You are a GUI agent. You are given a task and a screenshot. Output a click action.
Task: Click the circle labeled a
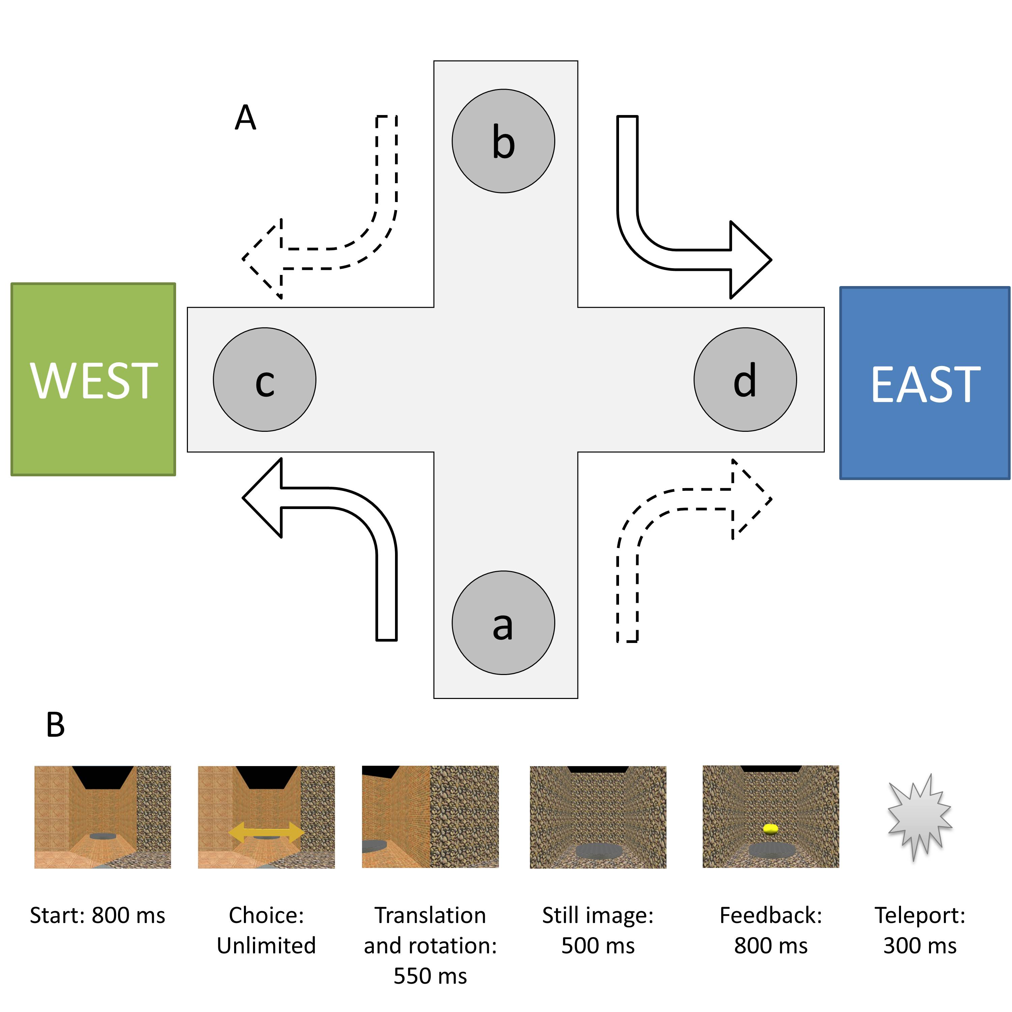(x=503, y=623)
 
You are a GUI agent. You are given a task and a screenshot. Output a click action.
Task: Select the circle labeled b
(x=503, y=141)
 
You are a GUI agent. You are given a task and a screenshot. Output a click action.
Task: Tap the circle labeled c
(x=264, y=380)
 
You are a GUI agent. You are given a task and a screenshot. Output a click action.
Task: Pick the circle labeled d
(x=745, y=380)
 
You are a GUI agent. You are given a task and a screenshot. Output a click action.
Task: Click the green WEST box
(x=93, y=380)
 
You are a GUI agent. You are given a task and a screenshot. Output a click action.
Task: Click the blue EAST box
(x=925, y=383)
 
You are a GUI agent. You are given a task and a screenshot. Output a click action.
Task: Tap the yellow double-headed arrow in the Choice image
(x=266, y=832)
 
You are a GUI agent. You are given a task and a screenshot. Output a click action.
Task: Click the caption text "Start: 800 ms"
(x=97, y=916)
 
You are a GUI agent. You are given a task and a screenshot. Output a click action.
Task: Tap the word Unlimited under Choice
(x=266, y=946)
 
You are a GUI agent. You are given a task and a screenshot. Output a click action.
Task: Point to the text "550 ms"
(x=430, y=976)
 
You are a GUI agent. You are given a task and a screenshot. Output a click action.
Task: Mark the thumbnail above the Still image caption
(x=598, y=817)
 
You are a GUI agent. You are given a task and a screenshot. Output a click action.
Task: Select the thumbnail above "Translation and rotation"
(x=430, y=817)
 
